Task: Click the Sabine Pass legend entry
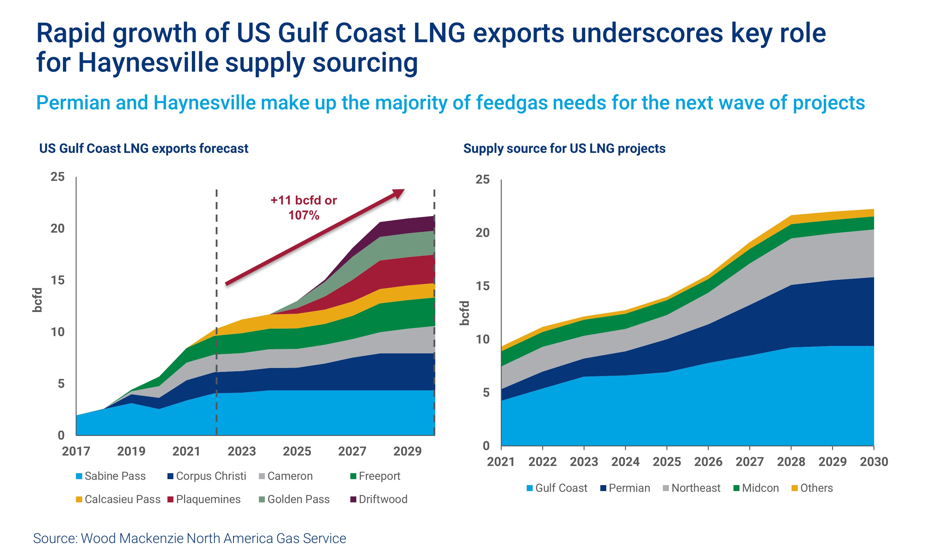tap(111, 476)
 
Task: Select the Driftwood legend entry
tap(379, 499)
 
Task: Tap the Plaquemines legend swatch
tap(170, 499)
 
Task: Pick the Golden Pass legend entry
tap(294, 499)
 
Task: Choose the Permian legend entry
tap(625, 488)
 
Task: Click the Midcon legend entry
tap(756, 488)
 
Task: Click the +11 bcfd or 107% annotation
tap(304, 208)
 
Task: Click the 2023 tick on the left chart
tap(241, 451)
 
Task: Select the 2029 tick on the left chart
tap(407, 451)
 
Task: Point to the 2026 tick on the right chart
tap(708, 462)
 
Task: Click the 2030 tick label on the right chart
tap(874, 462)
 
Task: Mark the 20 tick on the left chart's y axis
tap(57, 228)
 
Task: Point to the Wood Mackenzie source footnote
tap(189, 538)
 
